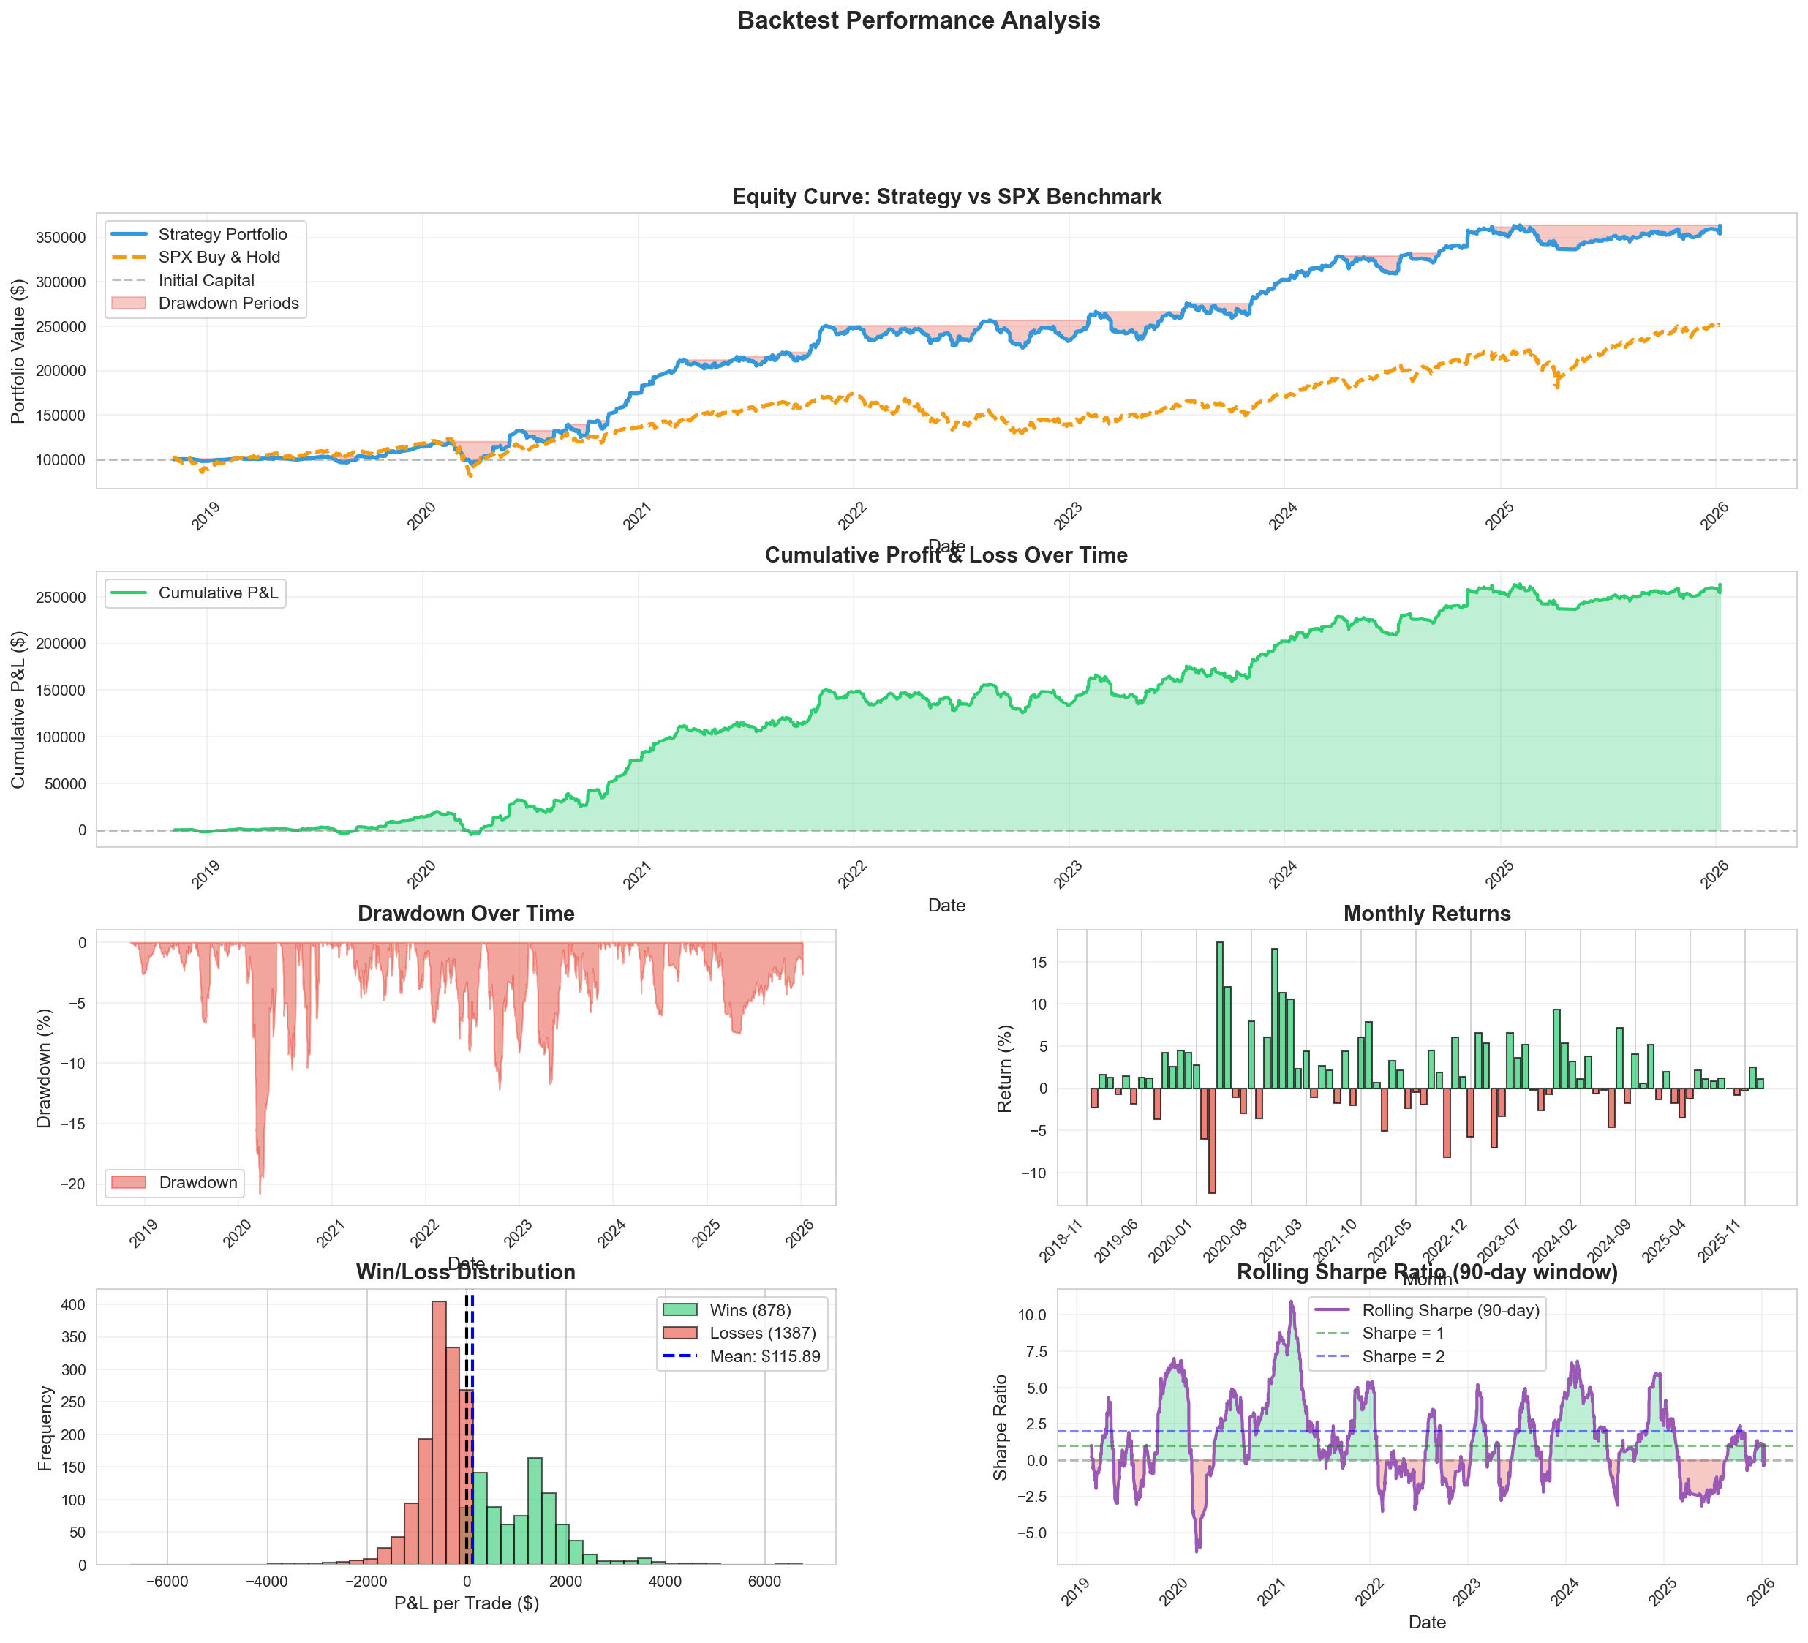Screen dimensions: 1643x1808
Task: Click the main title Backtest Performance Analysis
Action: point(919,20)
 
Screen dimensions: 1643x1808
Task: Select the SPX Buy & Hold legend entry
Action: point(219,257)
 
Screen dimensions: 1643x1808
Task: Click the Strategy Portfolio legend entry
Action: point(222,234)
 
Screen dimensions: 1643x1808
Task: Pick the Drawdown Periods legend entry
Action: point(227,303)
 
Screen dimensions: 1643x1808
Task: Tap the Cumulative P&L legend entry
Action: point(218,593)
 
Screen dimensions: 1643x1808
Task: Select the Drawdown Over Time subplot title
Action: point(465,914)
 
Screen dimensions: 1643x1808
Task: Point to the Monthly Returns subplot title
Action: point(1426,914)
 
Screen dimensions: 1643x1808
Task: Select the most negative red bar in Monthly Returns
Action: point(1212,1140)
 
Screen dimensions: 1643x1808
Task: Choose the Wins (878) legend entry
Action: point(750,1310)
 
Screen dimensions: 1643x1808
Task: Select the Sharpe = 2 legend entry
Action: point(1403,1357)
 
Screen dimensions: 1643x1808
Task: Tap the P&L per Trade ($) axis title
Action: point(467,1603)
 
